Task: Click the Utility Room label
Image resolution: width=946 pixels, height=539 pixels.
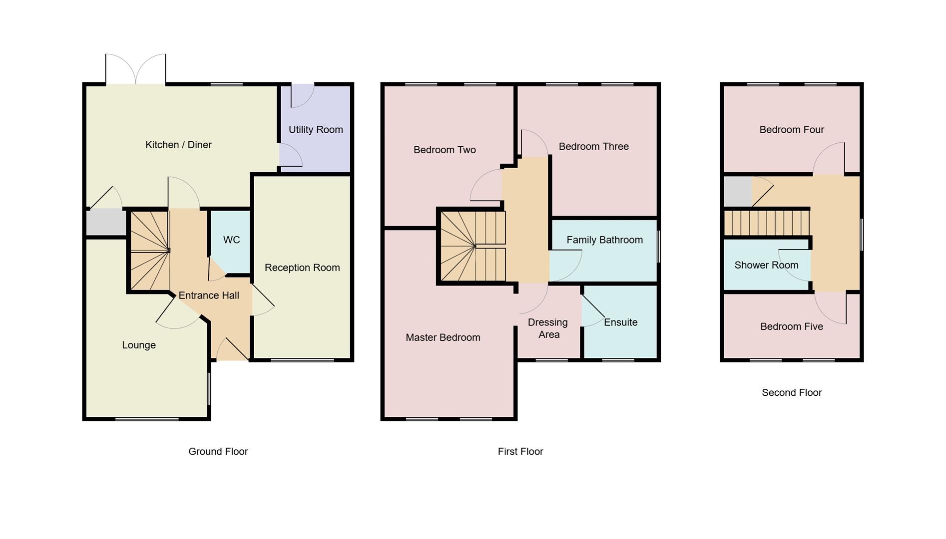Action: [316, 130]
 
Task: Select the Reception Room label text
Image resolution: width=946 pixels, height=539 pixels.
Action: [302, 268]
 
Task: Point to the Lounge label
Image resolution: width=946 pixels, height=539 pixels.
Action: [139, 345]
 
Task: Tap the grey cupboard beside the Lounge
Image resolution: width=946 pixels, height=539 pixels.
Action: [106, 223]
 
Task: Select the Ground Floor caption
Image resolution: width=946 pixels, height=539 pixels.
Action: [218, 451]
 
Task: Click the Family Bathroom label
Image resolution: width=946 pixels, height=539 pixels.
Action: [604, 240]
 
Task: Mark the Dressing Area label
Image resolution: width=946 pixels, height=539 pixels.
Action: [548, 328]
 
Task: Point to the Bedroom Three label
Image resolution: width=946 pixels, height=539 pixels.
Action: [593, 146]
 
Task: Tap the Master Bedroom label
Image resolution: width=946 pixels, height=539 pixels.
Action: [443, 337]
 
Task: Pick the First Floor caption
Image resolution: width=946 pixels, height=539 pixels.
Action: [520, 451]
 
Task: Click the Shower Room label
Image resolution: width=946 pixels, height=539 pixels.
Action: [766, 265]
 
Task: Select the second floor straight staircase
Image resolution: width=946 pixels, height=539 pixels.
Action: [766, 223]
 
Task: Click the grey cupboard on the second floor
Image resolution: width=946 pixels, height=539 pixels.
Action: [737, 191]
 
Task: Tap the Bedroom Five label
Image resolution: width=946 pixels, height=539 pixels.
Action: [791, 326]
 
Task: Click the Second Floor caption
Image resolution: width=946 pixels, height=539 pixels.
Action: [791, 393]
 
